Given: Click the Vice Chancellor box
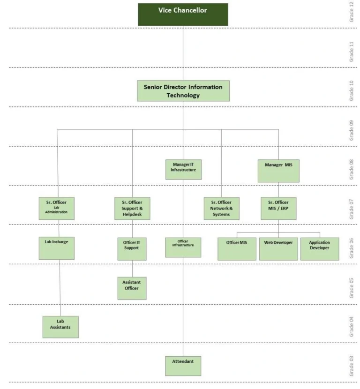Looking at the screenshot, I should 183,15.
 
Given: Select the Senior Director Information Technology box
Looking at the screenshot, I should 183,91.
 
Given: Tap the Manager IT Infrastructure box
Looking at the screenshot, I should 184,169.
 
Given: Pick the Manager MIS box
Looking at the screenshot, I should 278,171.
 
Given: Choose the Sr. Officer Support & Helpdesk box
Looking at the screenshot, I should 132,208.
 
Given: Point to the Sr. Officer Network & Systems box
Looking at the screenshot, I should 221,208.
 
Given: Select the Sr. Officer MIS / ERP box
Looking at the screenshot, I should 278,208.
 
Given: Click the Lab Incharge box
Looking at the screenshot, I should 56,248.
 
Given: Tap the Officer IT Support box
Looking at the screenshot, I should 132,248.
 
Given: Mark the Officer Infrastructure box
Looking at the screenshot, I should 183,247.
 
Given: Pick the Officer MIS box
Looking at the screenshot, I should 237,248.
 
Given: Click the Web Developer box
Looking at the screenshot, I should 278,248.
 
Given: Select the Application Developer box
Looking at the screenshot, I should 319,248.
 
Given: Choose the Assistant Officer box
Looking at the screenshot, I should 132,288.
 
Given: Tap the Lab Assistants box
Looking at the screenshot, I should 60,327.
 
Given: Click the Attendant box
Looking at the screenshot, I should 183,366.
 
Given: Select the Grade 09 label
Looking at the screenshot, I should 351,131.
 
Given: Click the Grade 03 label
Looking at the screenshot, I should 351,366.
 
